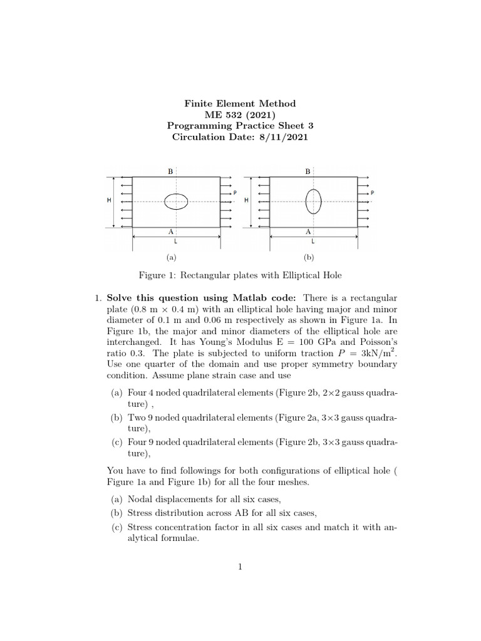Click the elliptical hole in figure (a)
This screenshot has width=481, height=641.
point(176,202)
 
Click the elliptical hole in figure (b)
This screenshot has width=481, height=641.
point(313,202)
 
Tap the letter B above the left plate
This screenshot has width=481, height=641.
point(170,171)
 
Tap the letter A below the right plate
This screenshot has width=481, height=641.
point(308,232)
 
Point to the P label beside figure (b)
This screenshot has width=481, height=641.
point(372,193)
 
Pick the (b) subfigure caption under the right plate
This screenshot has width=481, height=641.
point(308,257)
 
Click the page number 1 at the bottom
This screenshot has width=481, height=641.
point(239,567)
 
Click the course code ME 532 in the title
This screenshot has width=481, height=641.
point(222,114)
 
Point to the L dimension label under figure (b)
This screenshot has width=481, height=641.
point(313,241)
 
